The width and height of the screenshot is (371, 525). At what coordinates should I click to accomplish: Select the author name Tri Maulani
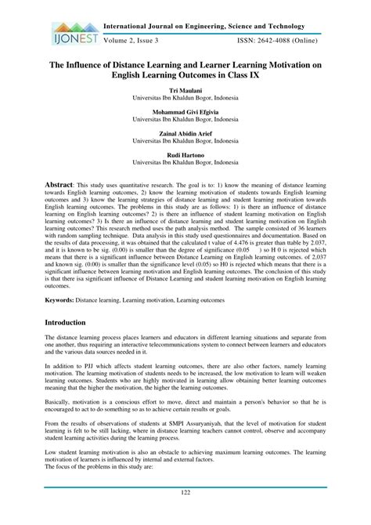click(x=185, y=91)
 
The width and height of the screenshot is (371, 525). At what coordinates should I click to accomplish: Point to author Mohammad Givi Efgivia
click(x=185, y=113)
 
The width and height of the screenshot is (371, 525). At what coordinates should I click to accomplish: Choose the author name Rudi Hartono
click(x=185, y=156)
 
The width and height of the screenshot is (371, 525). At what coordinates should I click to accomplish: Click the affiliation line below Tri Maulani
click(x=185, y=99)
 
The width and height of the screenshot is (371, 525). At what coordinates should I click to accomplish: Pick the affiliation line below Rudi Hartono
click(x=185, y=164)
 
